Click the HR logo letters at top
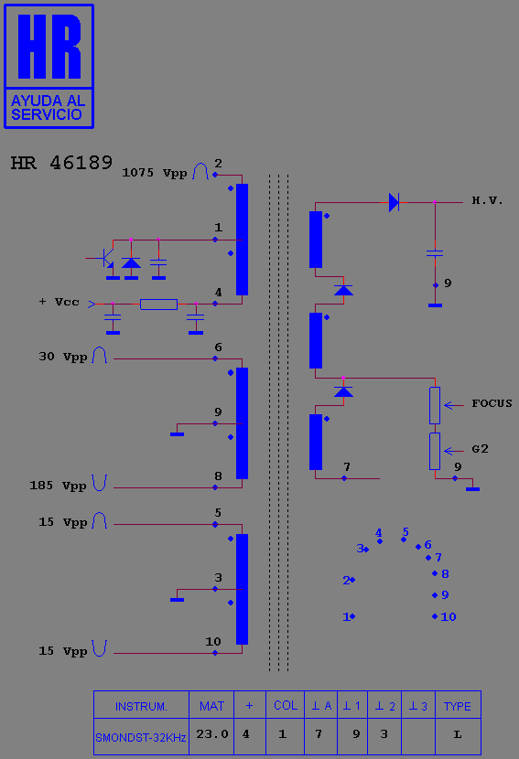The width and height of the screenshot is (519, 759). click(x=49, y=47)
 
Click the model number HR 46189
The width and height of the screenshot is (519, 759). click(x=61, y=163)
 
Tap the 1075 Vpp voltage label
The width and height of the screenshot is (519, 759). click(x=155, y=173)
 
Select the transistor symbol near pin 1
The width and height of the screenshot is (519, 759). click(x=104, y=258)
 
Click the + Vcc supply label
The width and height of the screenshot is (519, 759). click(x=59, y=302)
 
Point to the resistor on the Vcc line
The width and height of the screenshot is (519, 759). click(x=158, y=304)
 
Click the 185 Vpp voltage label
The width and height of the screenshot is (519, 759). click(x=58, y=486)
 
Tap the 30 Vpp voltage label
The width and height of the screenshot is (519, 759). click(x=62, y=357)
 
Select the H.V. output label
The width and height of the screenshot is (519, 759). click(x=487, y=200)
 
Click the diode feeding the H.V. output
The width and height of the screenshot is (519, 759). click(x=394, y=202)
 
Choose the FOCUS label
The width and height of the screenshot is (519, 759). click(x=492, y=403)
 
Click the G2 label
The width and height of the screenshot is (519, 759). click(x=480, y=449)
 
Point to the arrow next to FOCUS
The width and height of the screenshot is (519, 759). click(x=454, y=405)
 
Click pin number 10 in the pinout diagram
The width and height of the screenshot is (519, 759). click(x=449, y=616)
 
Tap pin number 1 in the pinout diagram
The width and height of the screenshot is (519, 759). click(x=346, y=616)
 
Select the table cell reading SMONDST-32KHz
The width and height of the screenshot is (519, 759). click(x=141, y=738)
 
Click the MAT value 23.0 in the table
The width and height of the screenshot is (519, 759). click(x=211, y=734)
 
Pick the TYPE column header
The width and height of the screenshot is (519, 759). click(x=458, y=707)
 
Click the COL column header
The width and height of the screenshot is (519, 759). click(x=286, y=705)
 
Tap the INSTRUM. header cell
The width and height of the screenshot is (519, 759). click(x=141, y=707)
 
